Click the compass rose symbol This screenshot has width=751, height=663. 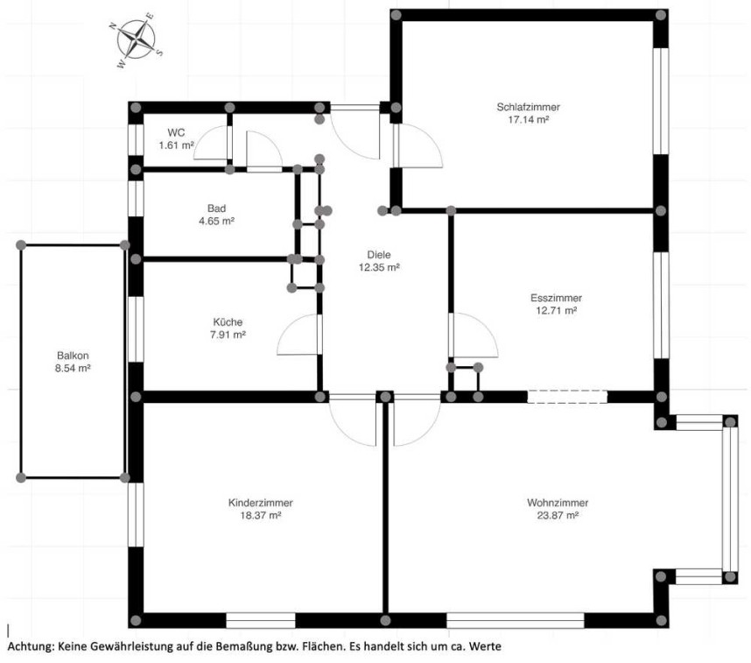137,39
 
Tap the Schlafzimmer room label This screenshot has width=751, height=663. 528,107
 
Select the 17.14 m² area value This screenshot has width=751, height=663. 528,119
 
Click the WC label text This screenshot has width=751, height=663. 176,132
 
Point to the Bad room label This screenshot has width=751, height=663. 216,208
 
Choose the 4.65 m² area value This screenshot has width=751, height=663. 216,221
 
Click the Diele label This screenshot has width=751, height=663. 379,255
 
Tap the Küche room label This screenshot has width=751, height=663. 228,321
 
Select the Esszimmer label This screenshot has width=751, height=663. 556,298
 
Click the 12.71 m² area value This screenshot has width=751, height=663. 556,310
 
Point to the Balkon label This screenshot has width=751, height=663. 73,356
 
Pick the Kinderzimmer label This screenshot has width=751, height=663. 261,503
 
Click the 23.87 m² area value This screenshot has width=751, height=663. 558,515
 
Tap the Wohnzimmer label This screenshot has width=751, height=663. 558,503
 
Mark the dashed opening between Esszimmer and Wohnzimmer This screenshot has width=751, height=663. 567,397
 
